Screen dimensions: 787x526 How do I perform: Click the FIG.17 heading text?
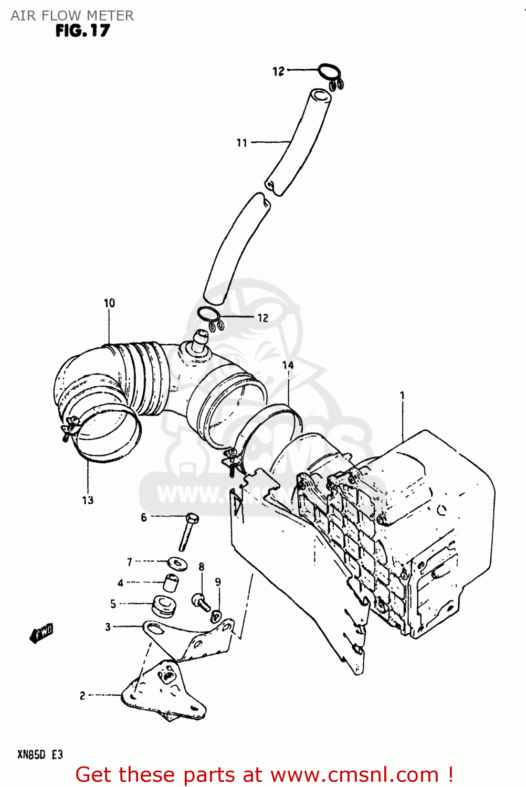[x=82, y=31]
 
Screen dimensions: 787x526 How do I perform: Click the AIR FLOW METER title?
[x=72, y=15]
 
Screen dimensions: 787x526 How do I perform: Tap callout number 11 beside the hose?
[x=241, y=143]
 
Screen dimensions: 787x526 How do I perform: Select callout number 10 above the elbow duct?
[x=109, y=303]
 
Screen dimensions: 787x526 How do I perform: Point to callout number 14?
[x=288, y=365]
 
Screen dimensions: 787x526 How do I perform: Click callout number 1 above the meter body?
[x=402, y=396]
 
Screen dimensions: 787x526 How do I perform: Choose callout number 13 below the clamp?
[x=88, y=501]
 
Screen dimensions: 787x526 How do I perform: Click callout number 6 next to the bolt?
[x=144, y=517]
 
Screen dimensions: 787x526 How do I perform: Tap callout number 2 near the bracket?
[x=82, y=696]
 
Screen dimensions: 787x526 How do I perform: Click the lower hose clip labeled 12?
[x=210, y=318]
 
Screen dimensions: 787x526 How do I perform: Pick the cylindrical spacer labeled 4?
[x=171, y=583]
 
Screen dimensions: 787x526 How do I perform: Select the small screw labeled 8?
[x=201, y=601]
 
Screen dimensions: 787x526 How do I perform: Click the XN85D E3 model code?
[x=40, y=754]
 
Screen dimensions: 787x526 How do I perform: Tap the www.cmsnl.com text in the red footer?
[x=354, y=774]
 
